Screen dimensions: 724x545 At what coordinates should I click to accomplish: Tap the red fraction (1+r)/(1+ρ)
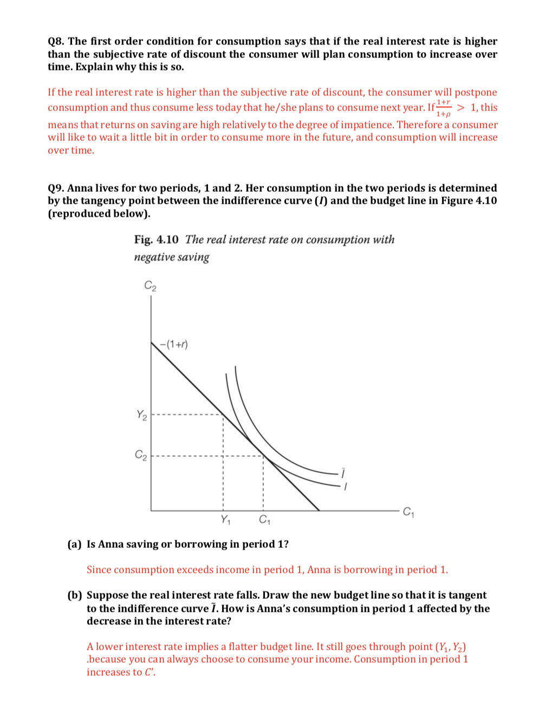coord(444,108)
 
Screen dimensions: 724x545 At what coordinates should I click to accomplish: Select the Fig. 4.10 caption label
coord(156,240)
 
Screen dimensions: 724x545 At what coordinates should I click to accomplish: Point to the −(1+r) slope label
coord(174,344)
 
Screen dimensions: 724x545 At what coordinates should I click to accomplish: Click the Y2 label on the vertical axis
coord(141,415)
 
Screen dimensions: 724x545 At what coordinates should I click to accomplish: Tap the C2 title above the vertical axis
coord(150,286)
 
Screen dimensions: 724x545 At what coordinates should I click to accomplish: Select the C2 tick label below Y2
coord(141,455)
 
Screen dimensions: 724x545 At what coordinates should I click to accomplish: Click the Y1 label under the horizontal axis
coord(225,520)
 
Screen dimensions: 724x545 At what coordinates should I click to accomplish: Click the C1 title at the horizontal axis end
coord(408,511)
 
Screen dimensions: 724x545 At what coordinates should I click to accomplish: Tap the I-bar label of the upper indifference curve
coord(342,473)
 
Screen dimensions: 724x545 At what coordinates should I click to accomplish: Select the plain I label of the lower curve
coord(345,487)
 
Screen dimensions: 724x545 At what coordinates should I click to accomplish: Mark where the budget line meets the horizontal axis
coord(319,510)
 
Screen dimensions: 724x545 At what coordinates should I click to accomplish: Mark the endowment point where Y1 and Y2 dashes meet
coord(223,415)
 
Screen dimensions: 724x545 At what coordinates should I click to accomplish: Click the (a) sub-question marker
coord(74,545)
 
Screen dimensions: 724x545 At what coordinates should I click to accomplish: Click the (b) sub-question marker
coord(74,596)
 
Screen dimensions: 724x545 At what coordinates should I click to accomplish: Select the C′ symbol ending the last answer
coord(150,673)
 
